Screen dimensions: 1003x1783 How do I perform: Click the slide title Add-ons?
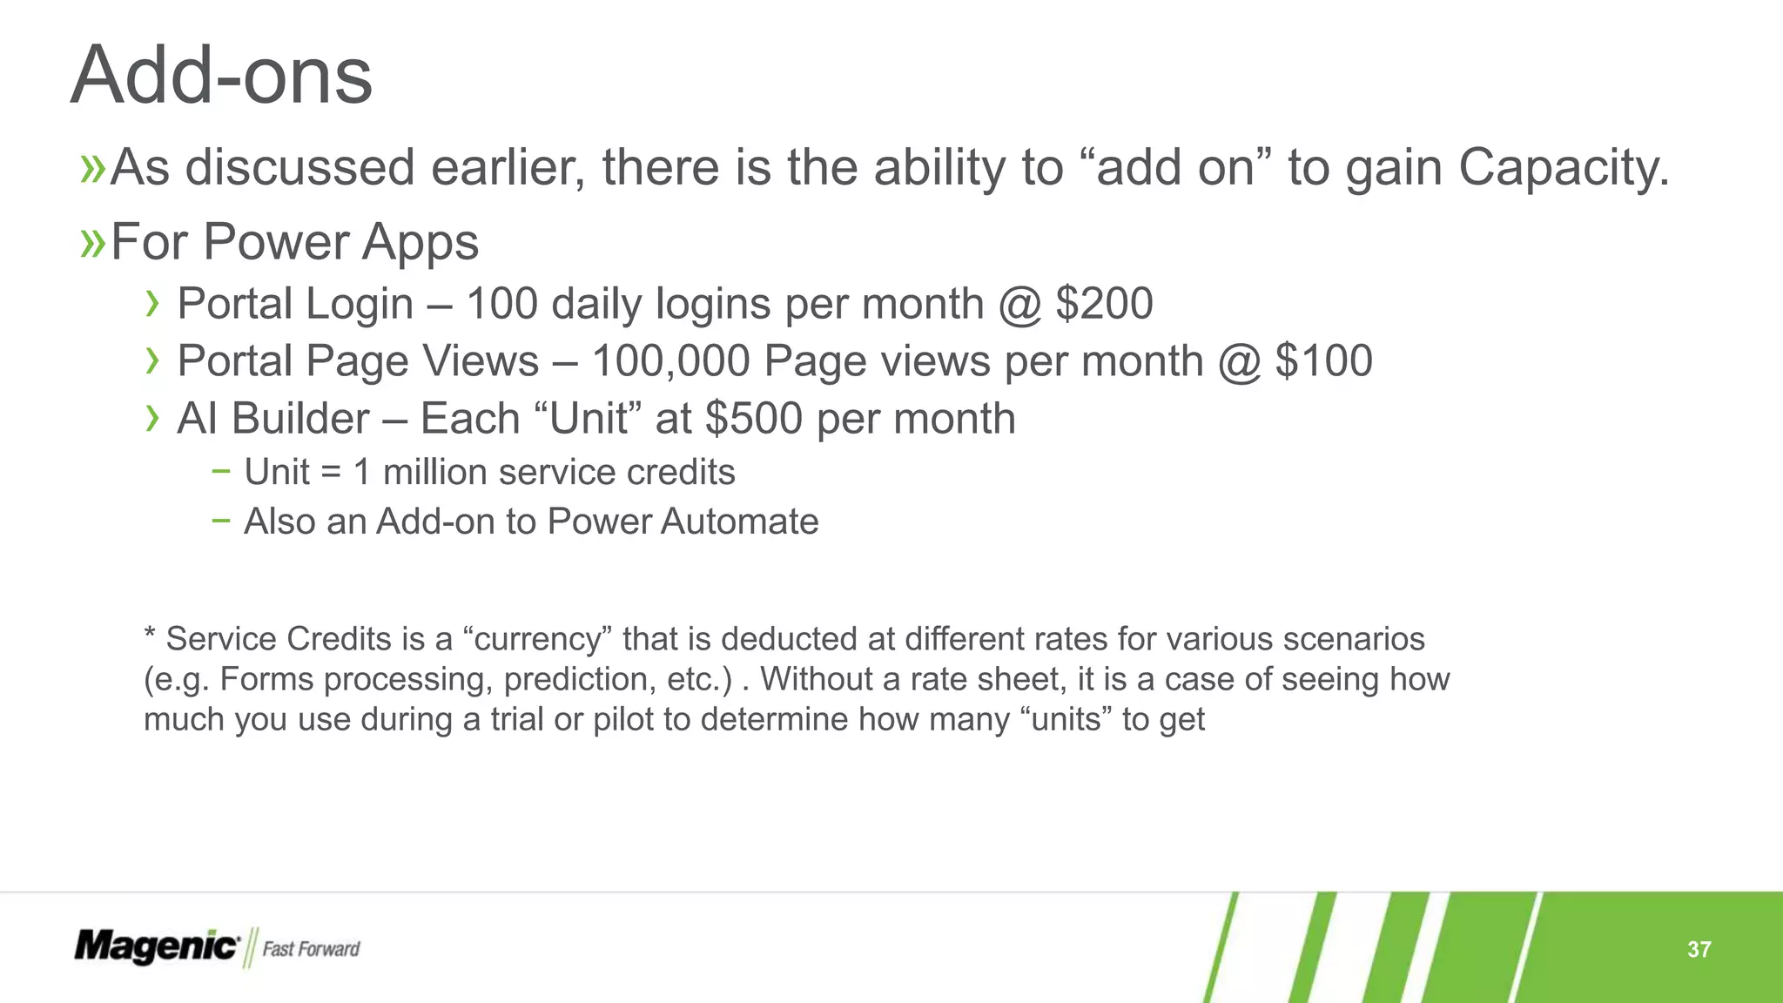click(222, 76)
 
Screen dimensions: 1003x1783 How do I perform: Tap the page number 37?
click(1699, 949)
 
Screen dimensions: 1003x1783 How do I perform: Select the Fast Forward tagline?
click(311, 949)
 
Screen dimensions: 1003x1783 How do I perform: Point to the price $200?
click(1104, 304)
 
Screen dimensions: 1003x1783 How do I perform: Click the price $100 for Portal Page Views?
click(1323, 361)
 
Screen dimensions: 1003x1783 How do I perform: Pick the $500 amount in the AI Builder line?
click(754, 419)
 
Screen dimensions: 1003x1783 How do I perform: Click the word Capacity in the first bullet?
click(1564, 167)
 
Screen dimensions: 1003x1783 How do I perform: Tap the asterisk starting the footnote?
click(150, 634)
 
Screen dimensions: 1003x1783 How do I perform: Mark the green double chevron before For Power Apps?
click(92, 242)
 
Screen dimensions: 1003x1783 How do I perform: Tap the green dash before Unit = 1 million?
click(221, 471)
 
